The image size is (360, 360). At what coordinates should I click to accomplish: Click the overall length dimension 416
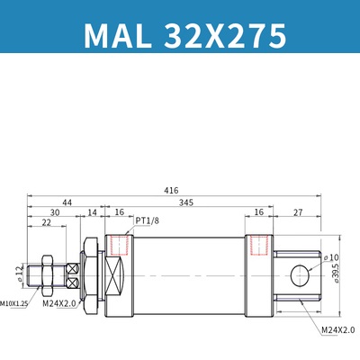tap(171, 191)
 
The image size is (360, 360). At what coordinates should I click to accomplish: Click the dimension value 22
tap(45, 223)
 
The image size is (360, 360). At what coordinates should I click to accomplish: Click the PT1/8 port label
tap(148, 220)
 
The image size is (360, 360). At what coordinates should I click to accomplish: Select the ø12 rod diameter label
tap(19, 271)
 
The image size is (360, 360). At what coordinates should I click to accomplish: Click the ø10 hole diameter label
tap(329, 257)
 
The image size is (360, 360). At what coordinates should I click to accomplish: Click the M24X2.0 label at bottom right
tap(337, 329)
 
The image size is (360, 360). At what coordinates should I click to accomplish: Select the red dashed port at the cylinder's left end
tap(118, 244)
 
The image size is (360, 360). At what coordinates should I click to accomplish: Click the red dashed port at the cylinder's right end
tap(259, 244)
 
